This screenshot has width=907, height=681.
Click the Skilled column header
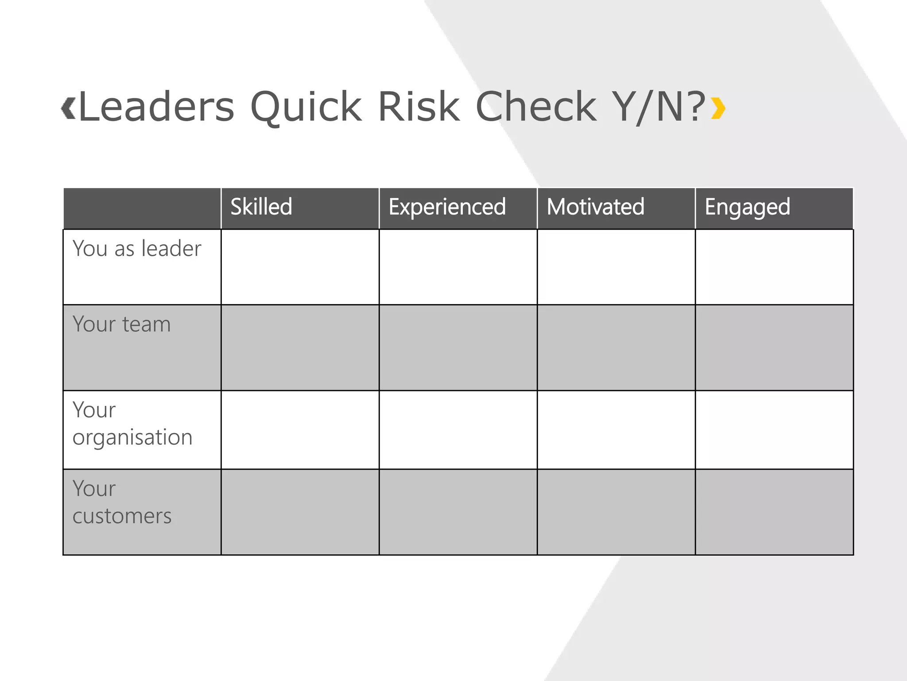(261, 207)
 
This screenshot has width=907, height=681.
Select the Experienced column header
(447, 207)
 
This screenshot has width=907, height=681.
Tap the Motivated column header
(596, 207)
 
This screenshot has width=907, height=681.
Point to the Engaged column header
(748, 207)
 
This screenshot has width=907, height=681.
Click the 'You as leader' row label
(137, 248)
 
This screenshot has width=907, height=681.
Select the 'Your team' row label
(122, 324)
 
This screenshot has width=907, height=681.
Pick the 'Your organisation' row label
(132, 424)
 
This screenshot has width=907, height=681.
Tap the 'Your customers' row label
(122, 502)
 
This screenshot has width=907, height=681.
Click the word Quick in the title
(306, 107)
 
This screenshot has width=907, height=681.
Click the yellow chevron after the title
(718, 109)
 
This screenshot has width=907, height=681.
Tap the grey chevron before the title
(68, 108)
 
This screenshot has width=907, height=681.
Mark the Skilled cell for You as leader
(300, 267)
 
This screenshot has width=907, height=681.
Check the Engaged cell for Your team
(774, 348)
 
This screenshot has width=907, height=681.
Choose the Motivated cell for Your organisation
(616, 430)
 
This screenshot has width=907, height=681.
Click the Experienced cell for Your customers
(458, 512)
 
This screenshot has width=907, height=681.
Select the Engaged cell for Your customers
(774, 512)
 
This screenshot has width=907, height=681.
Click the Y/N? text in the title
(659, 107)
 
